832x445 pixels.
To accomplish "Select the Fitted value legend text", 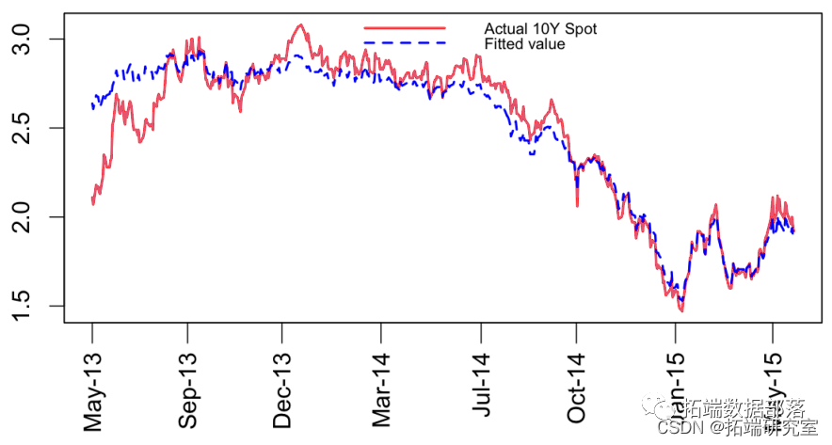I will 524,44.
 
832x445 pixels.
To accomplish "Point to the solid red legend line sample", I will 404,29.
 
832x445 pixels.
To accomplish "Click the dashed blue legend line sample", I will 404,43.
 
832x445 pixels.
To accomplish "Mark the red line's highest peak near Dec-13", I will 299,25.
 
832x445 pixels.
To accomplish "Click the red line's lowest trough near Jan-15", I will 680,310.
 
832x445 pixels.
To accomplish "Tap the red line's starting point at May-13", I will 92,202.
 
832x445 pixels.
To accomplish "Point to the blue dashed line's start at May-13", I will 92,107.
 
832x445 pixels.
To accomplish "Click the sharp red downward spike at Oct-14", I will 577,205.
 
